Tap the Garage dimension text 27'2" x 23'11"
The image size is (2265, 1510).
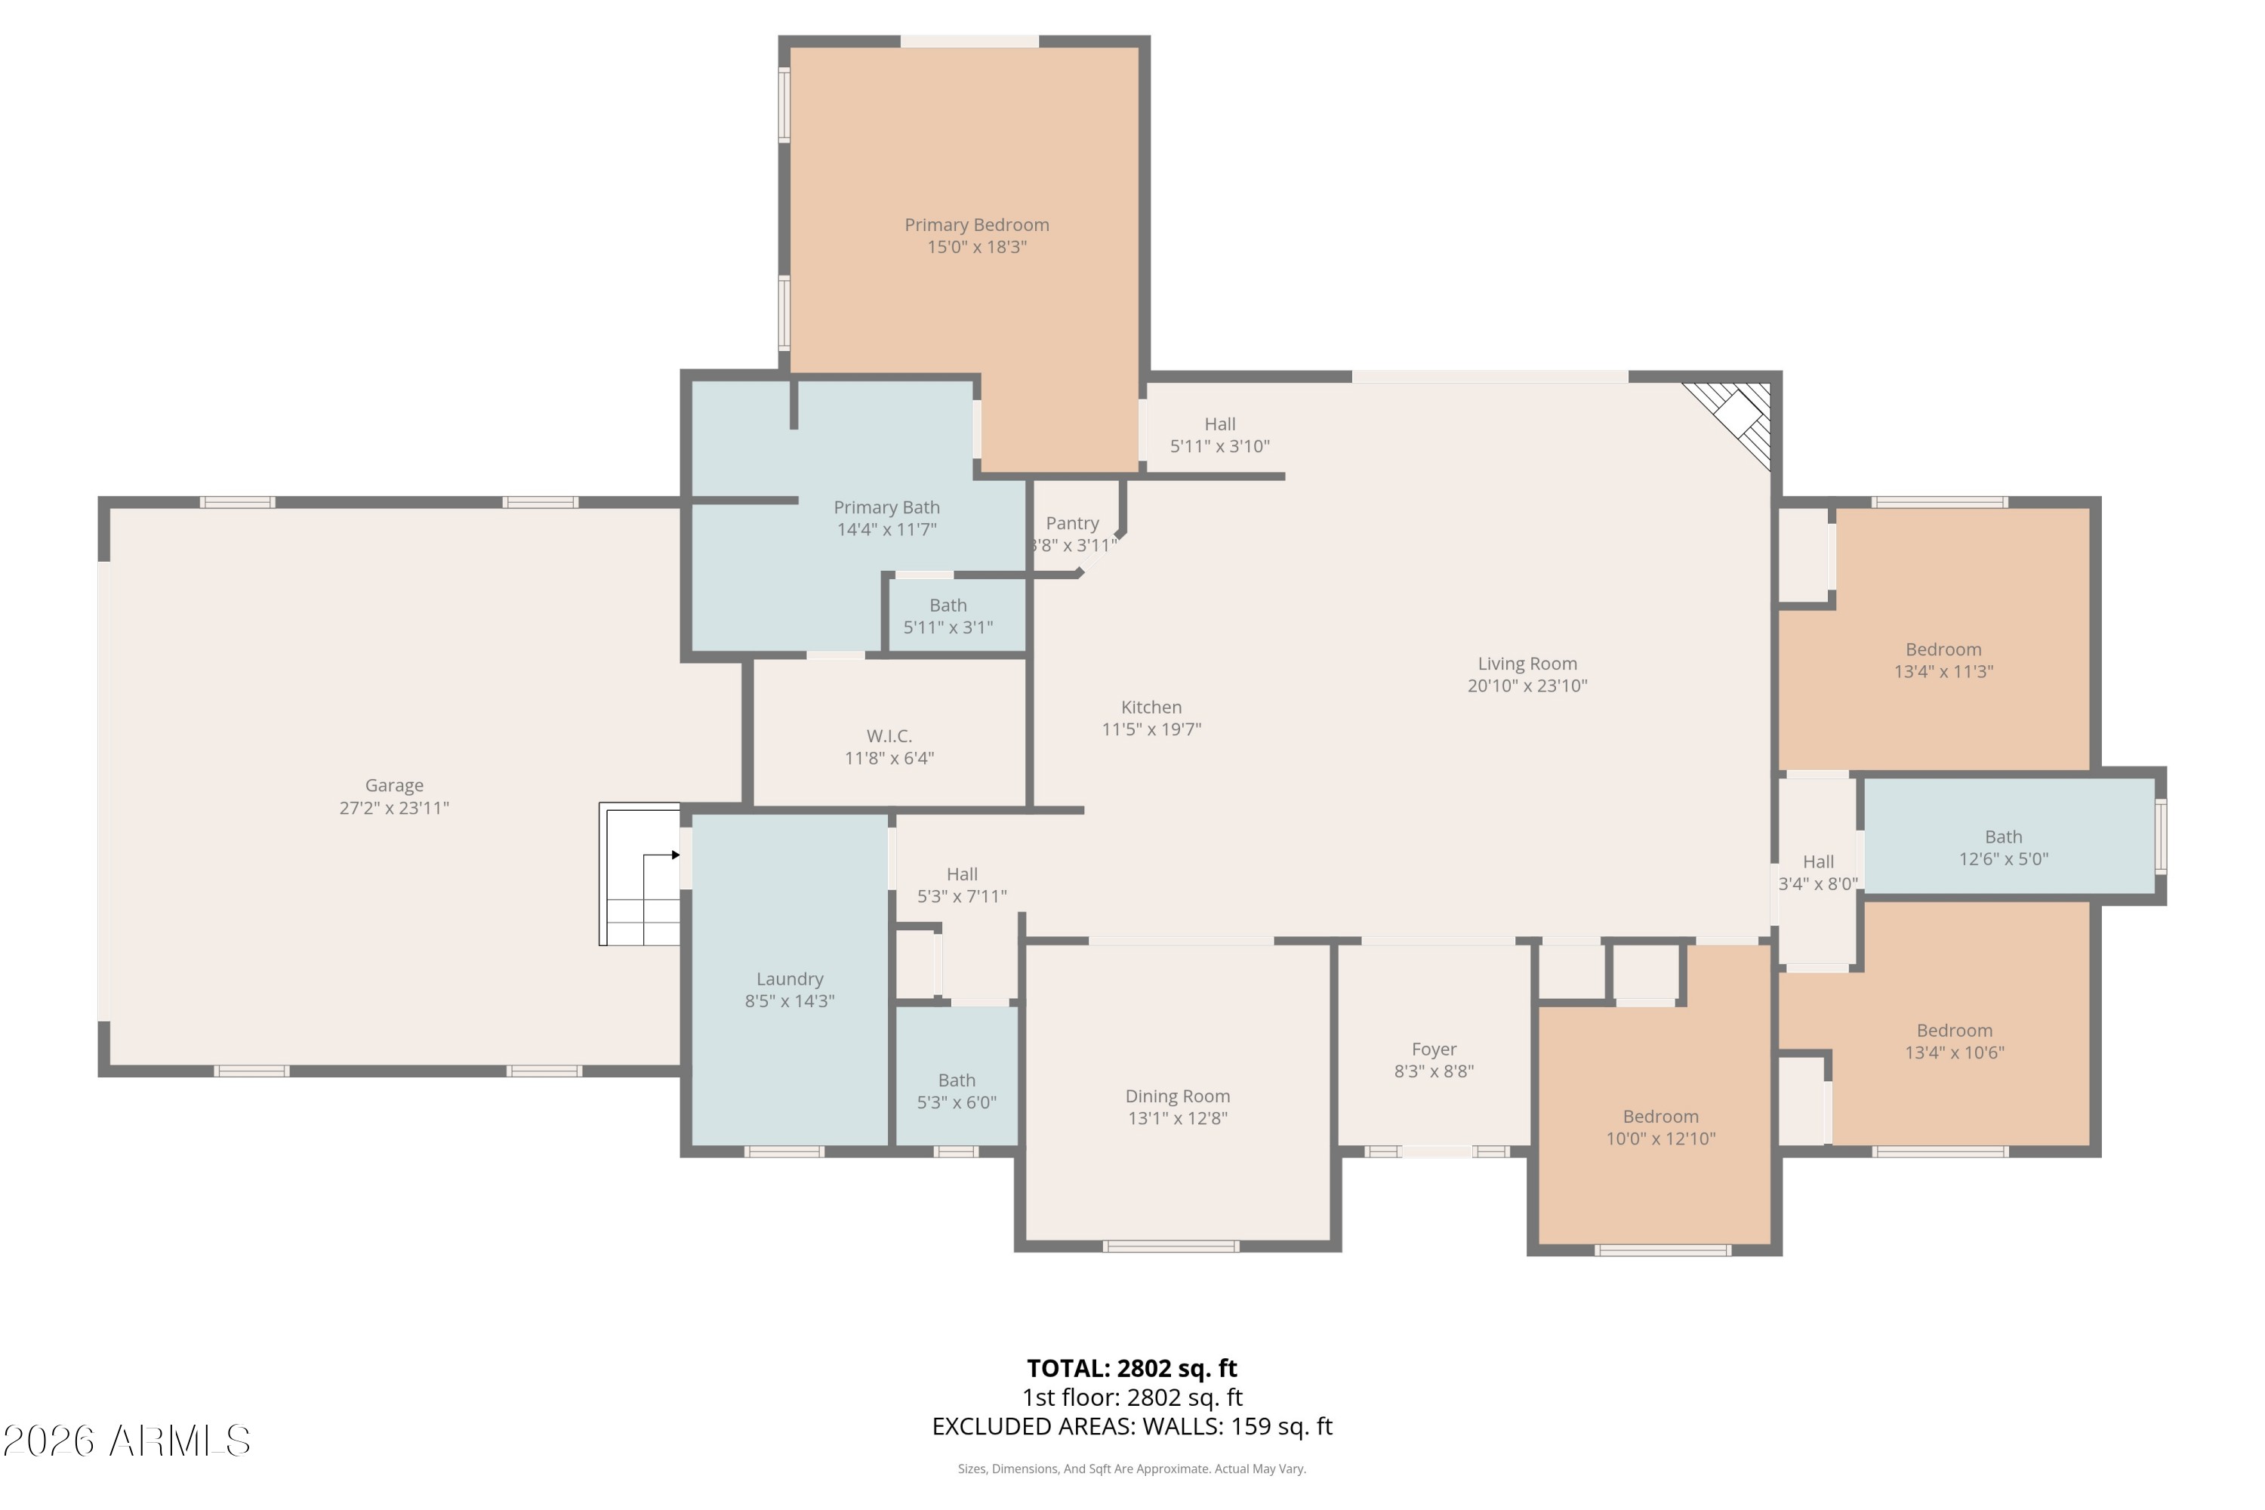point(394,808)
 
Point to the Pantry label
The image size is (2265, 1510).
point(1072,523)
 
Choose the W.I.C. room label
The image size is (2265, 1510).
point(889,735)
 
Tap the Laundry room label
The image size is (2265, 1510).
point(790,978)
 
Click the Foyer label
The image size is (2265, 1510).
point(1434,1049)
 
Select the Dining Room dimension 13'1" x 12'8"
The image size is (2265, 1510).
point(1178,1118)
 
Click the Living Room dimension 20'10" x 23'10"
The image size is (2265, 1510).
point(1527,686)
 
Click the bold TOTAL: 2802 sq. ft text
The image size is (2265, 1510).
point(1132,1368)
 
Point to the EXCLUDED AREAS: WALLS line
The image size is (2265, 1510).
point(1132,1426)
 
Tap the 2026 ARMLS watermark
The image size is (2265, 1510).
point(126,1441)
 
